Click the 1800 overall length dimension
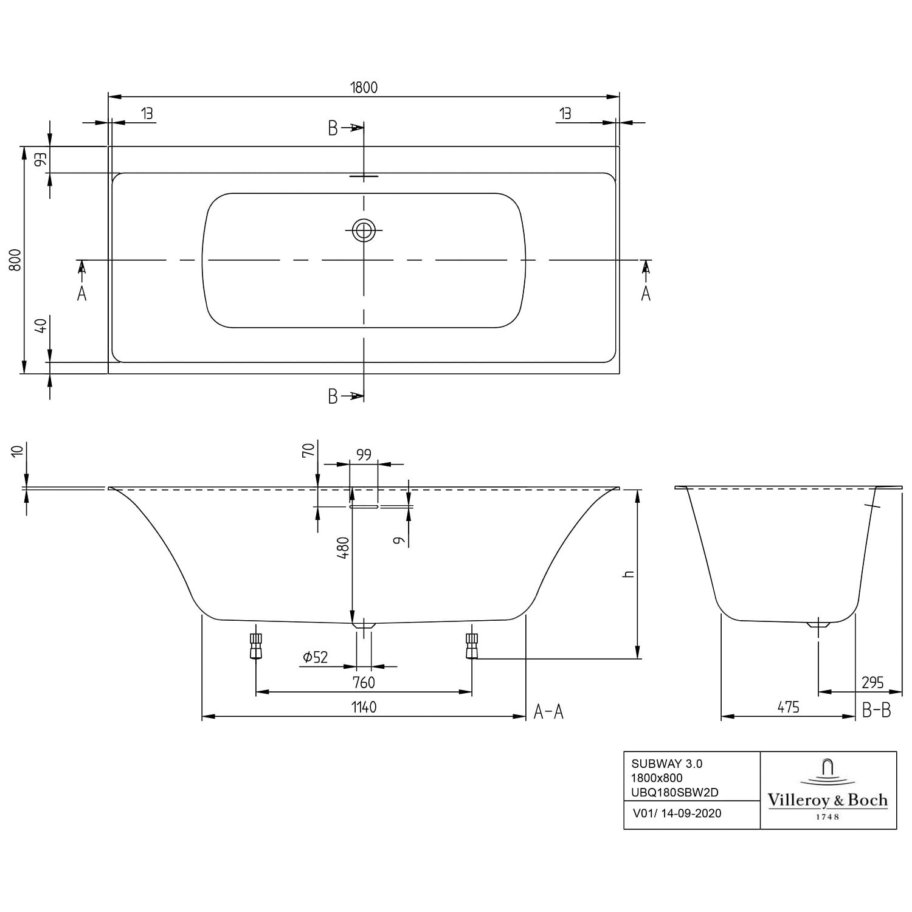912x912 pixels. [364, 88]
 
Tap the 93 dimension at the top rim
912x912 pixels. [41, 160]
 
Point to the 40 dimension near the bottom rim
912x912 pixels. [41, 326]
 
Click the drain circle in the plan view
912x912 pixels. [364, 230]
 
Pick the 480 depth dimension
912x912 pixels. [344, 548]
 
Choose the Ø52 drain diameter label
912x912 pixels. [316, 657]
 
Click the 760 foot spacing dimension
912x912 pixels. [364, 683]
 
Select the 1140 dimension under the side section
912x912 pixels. [364, 707]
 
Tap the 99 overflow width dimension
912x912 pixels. [364, 455]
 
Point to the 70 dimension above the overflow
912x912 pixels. [309, 450]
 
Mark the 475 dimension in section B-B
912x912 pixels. [788, 707]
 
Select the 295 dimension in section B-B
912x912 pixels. [872, 683]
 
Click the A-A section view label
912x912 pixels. [548, 711]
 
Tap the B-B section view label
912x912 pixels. [877, 710]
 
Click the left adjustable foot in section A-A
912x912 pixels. [256, 646]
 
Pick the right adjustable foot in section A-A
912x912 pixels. [472, 646]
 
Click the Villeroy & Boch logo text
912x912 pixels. [827, 801]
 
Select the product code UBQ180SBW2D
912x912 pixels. [675, 792]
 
